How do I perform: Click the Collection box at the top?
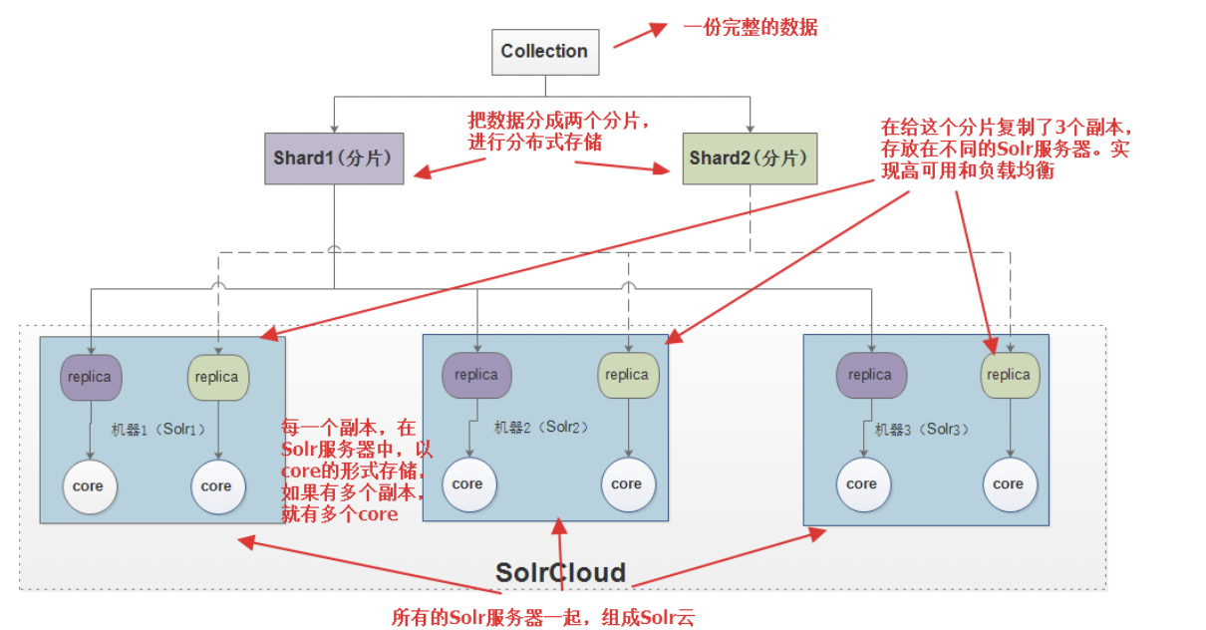pos(544,52)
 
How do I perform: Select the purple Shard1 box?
pos(334,158)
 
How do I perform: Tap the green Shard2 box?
pos(750,158)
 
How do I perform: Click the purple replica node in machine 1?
pos(91,378)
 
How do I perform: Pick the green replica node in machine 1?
pos(216,378)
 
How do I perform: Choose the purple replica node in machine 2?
pos(475,376)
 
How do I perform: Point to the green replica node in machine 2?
pos(627,376)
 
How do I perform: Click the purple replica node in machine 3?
pos(869,376)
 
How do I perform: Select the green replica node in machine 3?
pos(1009,376)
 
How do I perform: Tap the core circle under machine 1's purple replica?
pos(89,486)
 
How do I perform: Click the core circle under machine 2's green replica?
pos(627,484)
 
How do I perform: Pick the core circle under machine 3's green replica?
pos(1009,484)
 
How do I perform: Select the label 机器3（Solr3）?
pos(922,430)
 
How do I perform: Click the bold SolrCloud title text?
pos(560,572)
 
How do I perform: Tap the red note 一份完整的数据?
pos(750,28)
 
